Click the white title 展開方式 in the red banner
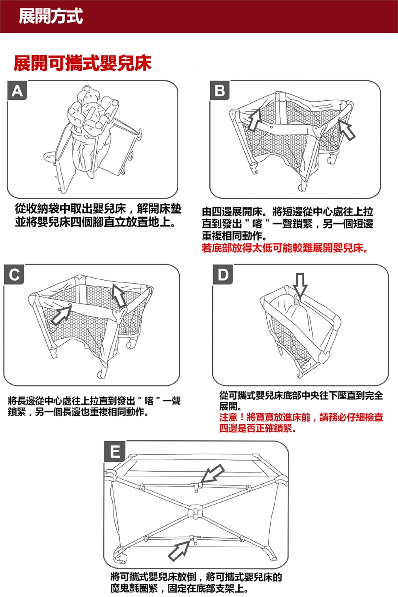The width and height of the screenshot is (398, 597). click(x=51, y=16)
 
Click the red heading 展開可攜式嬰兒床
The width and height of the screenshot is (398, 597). click(x=83, y=63)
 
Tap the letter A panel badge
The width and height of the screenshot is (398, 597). click(x=17, y=90)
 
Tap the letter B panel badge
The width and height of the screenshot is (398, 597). click(x=220, y=90)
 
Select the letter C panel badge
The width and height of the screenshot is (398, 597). click(x=14, y=274)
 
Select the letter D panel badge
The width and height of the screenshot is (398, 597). click(x=223, y=274)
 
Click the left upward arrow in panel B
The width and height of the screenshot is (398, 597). click(x=254, y=119)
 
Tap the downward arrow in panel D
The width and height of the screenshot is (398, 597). click(x=300, y=284)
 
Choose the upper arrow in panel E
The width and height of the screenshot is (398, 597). click(x=212, y=473)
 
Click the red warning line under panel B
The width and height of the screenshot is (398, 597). click(x=285, y=248)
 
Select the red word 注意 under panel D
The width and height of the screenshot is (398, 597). click(x=228, y=417)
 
